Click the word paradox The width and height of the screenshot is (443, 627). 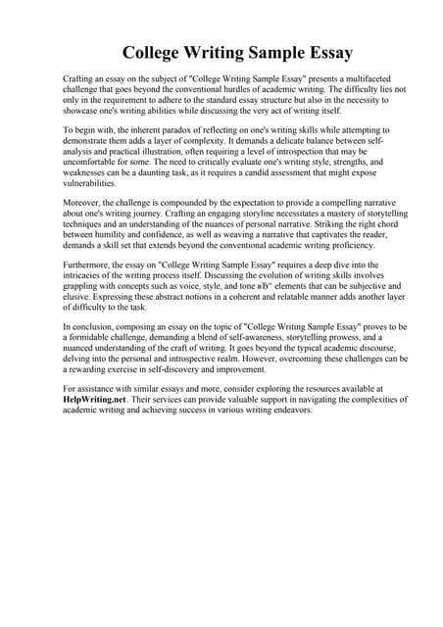click(158, 130)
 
